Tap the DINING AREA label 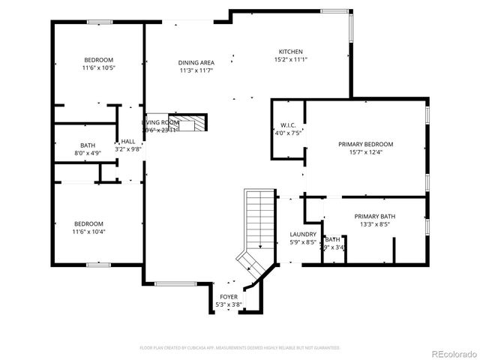pyautogui.click(x=196, y=63)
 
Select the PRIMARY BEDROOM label pyautogui.click(x=365, y=144)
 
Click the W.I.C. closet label pyautogui.click(x=289, y=125)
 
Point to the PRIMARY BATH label pyautogui.click(x=374, y=217)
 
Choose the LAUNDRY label pyautogui.click(x=303, y=234)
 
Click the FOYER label pyautogui.click(x=228, y=297)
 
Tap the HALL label pyautogui.click(x=128, y=141)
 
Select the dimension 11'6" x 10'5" pyautogui.click(x=98, y=67)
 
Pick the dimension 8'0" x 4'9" pyautogui.click(x=88, y=153)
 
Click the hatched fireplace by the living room pyautogui.click(x=196, y=121)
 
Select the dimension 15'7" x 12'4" pyautogui.click(x=365, y=152)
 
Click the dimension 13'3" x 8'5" pyautogui.click(x=374, y=224)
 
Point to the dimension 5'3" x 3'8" pyautogui.click(x=228, y=304)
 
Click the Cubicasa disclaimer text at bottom pyautogui.click(x=240, y=348)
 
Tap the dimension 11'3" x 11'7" pyautogui.click(x=196, y=70)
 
